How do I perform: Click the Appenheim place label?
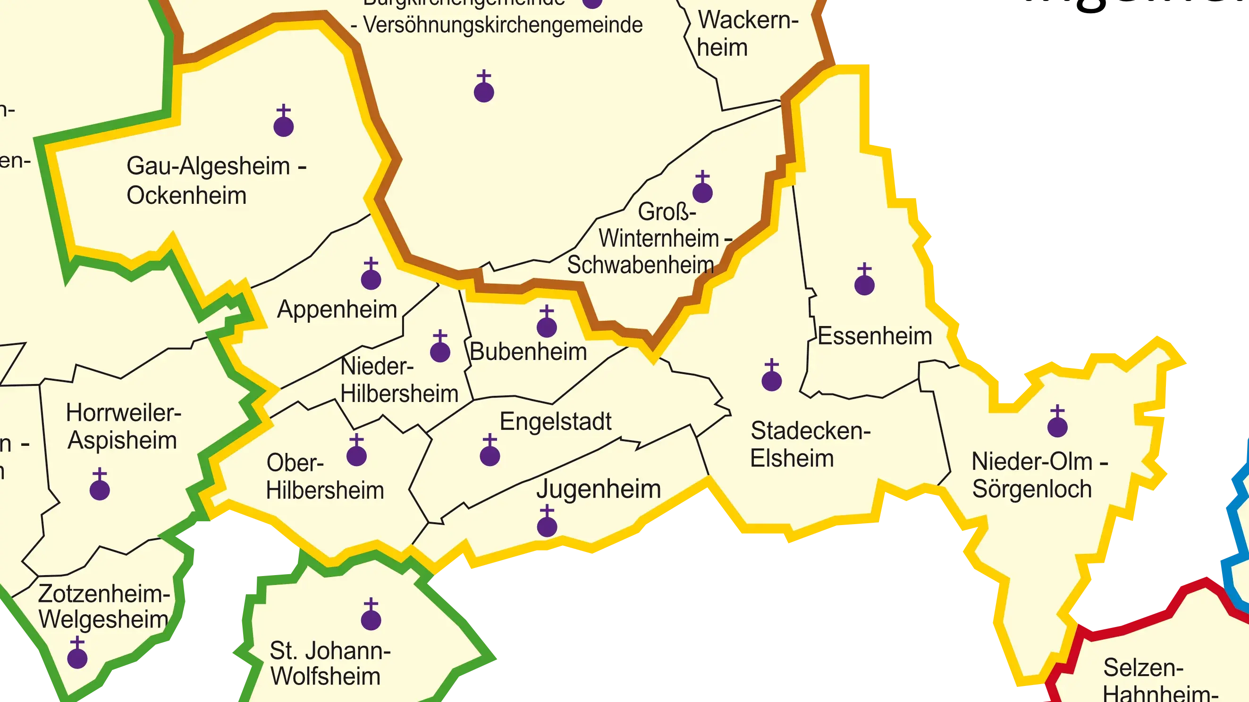(337, 309)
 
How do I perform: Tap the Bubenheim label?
(528, 352)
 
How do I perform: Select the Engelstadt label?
(556, 421)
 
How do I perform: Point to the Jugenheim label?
(599, 489)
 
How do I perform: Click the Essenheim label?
(875, 336)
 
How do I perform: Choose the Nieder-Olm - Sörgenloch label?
(1039, 475)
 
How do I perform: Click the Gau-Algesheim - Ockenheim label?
(216, 181)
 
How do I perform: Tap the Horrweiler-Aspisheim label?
(123, 427)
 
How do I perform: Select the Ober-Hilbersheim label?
(325, 476)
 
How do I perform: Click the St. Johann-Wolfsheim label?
(329, 664)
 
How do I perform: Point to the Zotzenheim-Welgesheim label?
(104, 607)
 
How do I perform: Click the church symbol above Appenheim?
(371, 275)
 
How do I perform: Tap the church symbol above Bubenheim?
(547, 322)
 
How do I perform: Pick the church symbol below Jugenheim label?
(547, 522)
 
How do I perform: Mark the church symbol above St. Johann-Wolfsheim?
(371, 615)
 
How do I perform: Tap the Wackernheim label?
(747, 34)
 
